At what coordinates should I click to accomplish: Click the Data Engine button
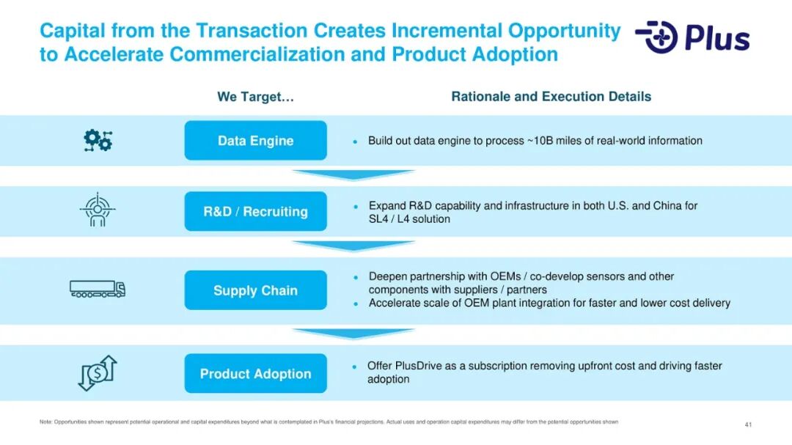(x=256, y=141)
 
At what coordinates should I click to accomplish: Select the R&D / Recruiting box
(x=256, y=211)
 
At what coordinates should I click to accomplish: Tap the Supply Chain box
(x=256, y=290)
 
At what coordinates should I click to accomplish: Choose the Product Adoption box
(x=256, y=373)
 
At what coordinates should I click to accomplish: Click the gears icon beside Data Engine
(x=98, y=141)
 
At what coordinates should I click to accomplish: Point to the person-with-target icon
(x=98, y=210)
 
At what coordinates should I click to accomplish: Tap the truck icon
(x=98, y=289)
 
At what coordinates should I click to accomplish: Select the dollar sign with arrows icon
(x=98, y=373)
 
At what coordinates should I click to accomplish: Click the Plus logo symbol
(x=656, y=37)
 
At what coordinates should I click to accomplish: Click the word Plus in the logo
(x=717, y=38)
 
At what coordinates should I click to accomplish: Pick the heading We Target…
(x=256, y=97)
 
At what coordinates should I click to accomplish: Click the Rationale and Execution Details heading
(x=551, y=97)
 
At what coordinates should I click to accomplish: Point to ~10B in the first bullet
(x=540, y=141)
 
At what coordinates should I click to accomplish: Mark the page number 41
(x=748, y=424)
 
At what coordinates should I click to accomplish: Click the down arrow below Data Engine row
(x=353, y=174)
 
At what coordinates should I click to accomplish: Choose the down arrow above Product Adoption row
(x=353, y=333)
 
